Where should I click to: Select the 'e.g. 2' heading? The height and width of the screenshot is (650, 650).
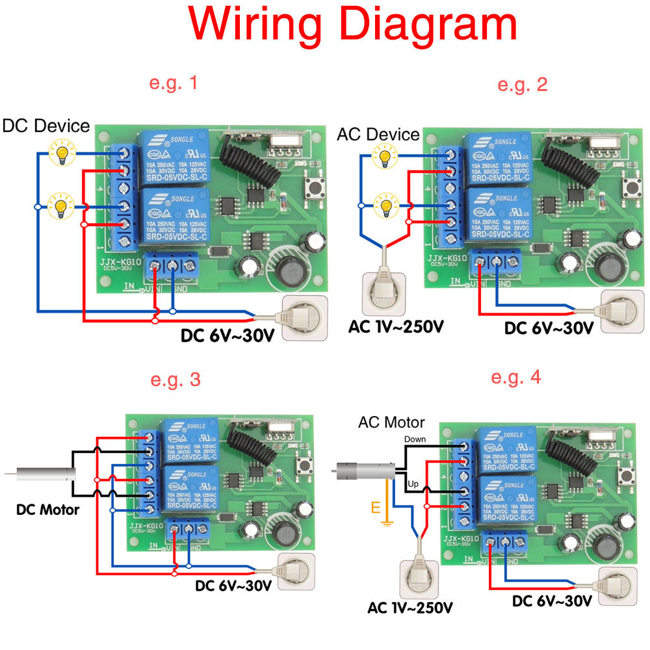point(522,84)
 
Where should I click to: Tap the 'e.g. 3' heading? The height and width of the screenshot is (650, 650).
point(175,380)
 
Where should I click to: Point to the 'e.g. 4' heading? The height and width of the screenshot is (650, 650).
point(516,377)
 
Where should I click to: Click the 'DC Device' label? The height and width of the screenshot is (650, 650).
point(45,126)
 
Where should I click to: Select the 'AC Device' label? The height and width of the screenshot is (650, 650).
point(378,135)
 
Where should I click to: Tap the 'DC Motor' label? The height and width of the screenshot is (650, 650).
point(48,510)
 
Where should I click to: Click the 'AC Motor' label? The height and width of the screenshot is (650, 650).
point(391,422)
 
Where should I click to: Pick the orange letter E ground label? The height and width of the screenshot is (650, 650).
point(376,507)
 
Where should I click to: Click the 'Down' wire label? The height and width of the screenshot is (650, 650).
point(415,439)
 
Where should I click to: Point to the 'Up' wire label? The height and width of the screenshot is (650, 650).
point(412,485)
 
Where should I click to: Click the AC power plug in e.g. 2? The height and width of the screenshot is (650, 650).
point(384,290)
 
